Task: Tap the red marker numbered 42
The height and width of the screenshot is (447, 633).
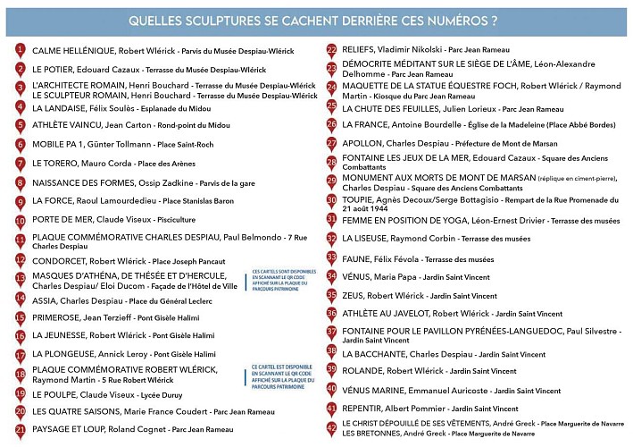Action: click(331, 427)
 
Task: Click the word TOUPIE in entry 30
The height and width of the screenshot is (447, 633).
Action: click(358, 201)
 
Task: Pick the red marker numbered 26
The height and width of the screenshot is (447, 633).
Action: click(331, 123)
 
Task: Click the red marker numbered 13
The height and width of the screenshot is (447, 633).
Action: click(20, 278)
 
